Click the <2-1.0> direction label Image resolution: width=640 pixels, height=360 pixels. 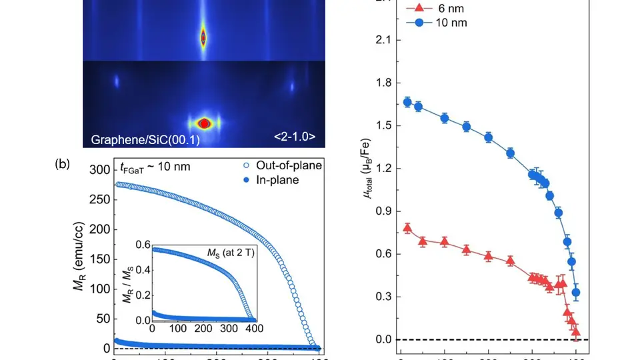point(294,139)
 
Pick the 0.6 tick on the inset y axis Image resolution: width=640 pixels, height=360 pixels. point(142,245)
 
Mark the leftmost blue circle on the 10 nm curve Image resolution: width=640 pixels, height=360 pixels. point(407,102)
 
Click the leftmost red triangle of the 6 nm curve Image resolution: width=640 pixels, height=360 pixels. point(407,228)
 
